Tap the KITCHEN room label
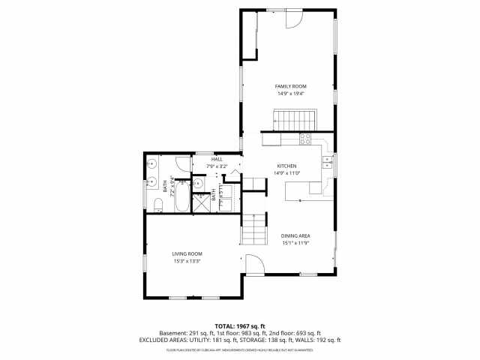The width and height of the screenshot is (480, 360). [287, 166]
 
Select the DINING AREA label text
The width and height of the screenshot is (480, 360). [296, 235]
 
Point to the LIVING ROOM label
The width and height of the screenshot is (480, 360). [187, 253]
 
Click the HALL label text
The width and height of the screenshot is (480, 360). [217, 159]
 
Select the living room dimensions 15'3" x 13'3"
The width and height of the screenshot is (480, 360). [187, 261]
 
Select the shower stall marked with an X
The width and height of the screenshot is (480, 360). [202, 203]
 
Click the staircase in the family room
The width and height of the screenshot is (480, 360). [294, 118]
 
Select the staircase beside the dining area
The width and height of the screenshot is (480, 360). [254, 229]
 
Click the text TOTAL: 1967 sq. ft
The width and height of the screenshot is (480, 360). [240, 326]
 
